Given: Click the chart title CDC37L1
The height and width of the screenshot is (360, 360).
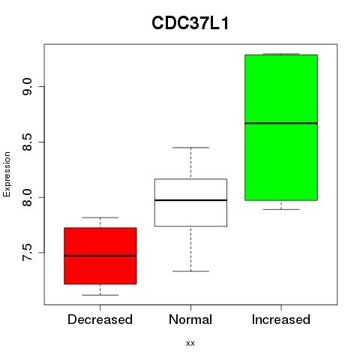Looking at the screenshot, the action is pos(190,23).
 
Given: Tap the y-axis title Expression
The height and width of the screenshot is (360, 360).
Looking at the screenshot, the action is pos(7,174).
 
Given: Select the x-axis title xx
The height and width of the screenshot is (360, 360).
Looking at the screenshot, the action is pos(190,343).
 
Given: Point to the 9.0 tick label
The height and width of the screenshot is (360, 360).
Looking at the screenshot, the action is pos(27,86).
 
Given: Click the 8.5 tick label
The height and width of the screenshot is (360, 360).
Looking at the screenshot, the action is pos(27,142).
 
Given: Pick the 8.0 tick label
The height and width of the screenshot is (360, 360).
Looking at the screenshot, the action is pos(27,197).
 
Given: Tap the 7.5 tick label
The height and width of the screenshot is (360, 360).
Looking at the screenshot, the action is pos(27,253).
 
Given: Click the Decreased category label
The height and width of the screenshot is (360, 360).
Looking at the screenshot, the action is pos(100,319).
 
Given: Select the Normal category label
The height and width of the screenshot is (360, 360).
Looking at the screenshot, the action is pos(190,319).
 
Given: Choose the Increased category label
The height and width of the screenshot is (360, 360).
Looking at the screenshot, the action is pos(281,319).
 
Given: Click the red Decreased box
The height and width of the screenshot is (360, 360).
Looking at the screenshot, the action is pos(100,256).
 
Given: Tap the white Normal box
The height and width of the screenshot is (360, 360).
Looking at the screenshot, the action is pos(190,202).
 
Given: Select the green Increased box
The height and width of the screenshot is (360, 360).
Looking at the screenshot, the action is pos(281,127).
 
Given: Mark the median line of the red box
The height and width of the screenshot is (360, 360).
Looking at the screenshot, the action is pos(100,256).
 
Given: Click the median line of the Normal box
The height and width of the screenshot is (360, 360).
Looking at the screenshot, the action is pos(190,200).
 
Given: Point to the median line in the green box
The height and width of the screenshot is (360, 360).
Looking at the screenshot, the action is pos(281,123).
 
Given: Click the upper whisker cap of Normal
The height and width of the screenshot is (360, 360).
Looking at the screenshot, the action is pos(190,148).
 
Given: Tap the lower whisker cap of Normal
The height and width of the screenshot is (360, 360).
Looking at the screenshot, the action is pos(190,271).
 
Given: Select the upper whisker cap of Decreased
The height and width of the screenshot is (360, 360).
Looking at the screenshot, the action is pos(100,217).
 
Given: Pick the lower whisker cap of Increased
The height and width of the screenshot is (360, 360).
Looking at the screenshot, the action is pos(281,209).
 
